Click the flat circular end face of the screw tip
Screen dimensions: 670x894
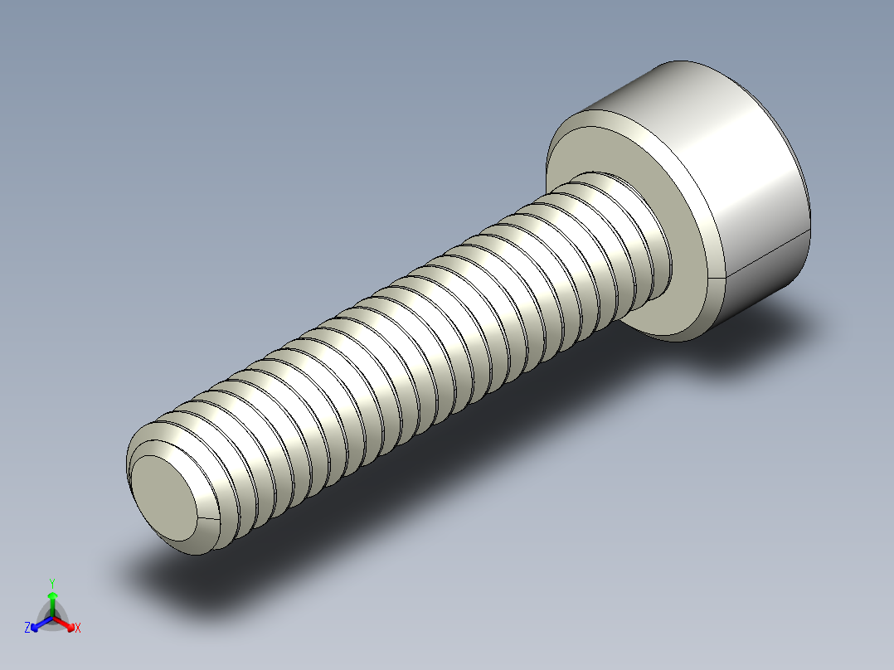(x=165, y=498)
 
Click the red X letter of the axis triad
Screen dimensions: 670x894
(x=78, y=629)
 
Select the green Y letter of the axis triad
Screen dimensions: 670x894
(x=52, y=583)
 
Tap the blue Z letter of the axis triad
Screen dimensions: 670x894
(x=27, y=629)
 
